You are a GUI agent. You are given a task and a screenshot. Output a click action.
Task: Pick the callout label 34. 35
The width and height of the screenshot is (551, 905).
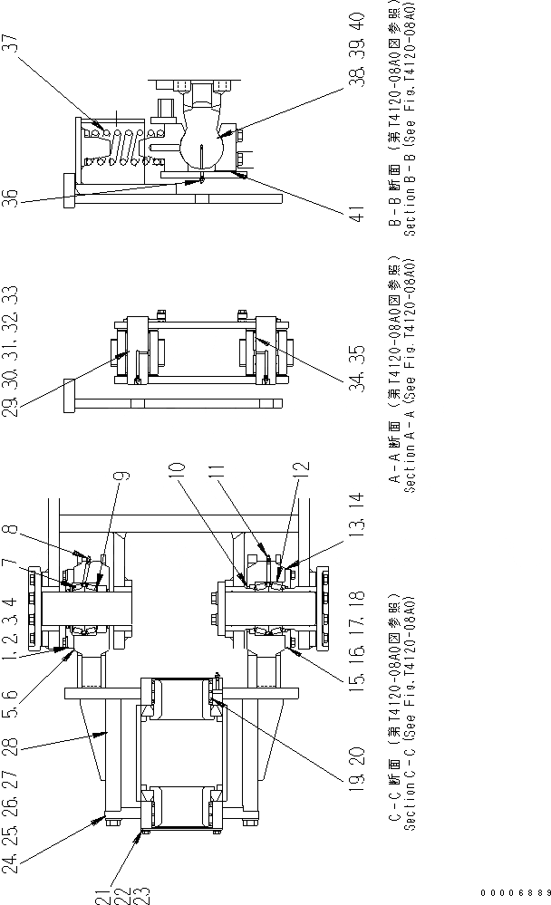click(357, 353)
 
